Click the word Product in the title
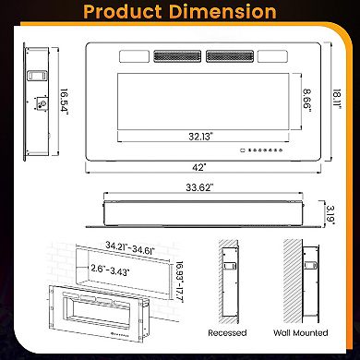click(128, 12)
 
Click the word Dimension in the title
click(224, 12)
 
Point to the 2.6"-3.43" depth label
click(110, 269)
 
